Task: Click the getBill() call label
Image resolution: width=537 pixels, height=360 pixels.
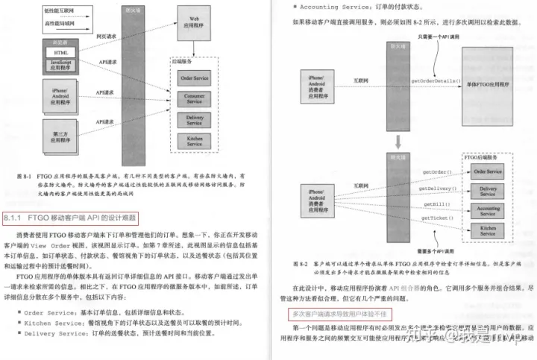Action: click(437, 203)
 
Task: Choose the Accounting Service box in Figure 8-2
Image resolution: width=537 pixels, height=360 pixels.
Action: click(488, 212)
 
